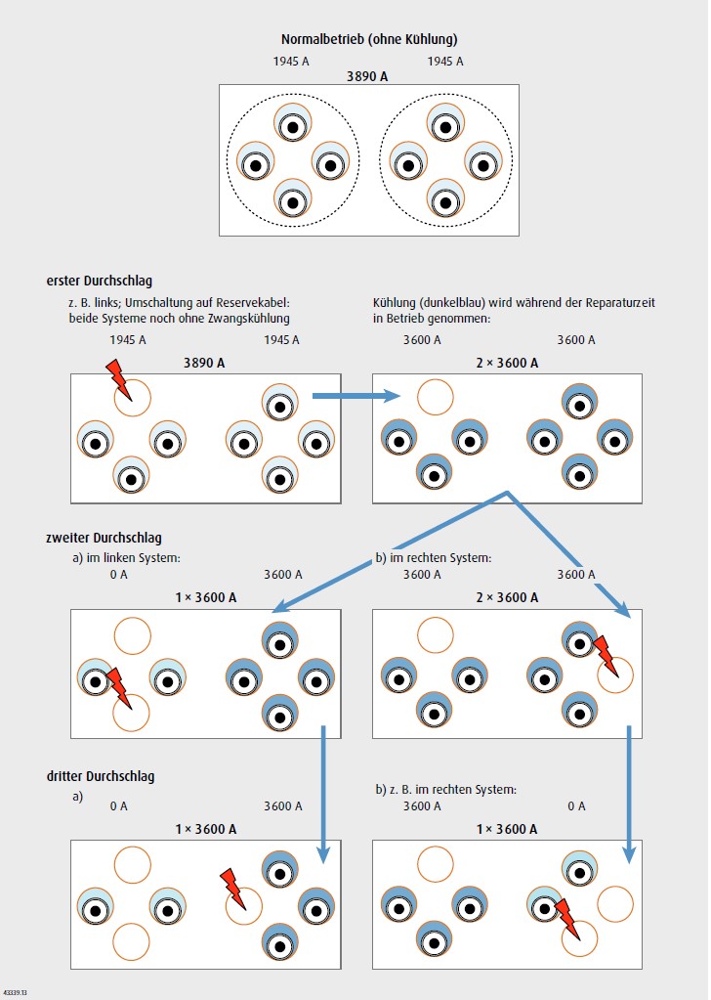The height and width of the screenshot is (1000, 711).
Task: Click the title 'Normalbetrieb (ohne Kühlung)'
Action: coord(369,40)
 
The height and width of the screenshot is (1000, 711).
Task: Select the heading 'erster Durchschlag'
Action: coord(101,282)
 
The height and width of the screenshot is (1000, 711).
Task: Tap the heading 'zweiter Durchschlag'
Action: coord(104,538)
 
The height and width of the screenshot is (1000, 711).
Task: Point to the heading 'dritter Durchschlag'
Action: coord(100,776)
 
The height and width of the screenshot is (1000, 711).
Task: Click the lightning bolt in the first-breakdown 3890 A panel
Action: coord(115,375)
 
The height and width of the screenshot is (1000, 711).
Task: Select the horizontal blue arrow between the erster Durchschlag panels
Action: coord(356,396)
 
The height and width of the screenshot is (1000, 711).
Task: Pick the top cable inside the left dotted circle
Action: coord(292,122)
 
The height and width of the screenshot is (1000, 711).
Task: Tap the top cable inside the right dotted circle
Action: coord(444,122)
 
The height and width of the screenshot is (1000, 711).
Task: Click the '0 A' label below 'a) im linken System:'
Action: coord(119,575)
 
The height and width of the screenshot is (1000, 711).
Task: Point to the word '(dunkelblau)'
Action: coord(452,303)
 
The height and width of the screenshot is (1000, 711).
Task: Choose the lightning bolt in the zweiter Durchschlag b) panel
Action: coord(606,654)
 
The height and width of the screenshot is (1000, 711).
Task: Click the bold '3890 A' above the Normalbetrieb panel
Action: coord(368,75)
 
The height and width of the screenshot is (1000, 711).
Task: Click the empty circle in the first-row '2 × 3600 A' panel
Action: coord(435,397)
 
